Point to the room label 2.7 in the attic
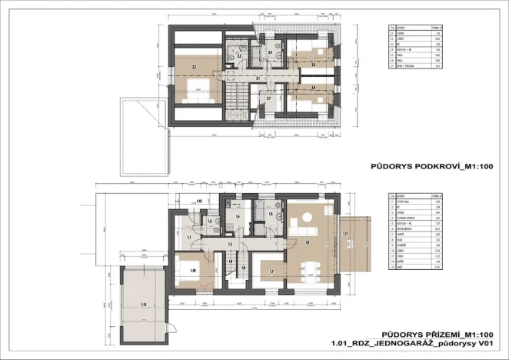click(x=268, y=98)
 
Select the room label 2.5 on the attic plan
click(x=313, y=65)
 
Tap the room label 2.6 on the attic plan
click(x=313, y=88)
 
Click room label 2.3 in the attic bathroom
click(x=240, y=56)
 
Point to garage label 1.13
click(x=144, y=305)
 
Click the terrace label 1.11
click(x=346, y=233)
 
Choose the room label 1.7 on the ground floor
click(x=271, y=272)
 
